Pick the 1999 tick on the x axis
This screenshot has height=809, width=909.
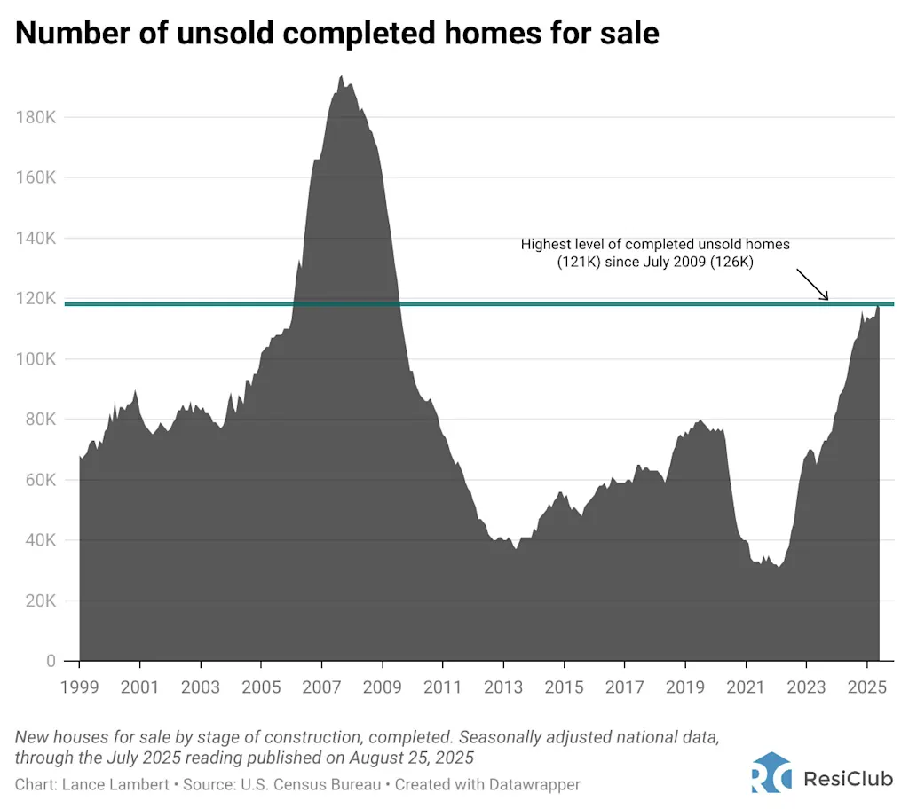click(x=79, y=687)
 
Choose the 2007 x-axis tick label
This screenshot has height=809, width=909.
click(x=321, y=687)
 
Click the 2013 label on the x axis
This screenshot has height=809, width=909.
click(x=503, y=687)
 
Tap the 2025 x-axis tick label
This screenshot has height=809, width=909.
click(x=866, y=687)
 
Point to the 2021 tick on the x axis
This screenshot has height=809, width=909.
click(x=746, y=687)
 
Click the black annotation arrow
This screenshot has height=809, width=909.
click(x=812, y=285)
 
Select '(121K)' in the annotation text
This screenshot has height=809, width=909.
click(x=581, y=262)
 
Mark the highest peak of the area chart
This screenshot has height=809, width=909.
click(x=341, y=76)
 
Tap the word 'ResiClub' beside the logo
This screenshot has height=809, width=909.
click(x=846, y=778)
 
